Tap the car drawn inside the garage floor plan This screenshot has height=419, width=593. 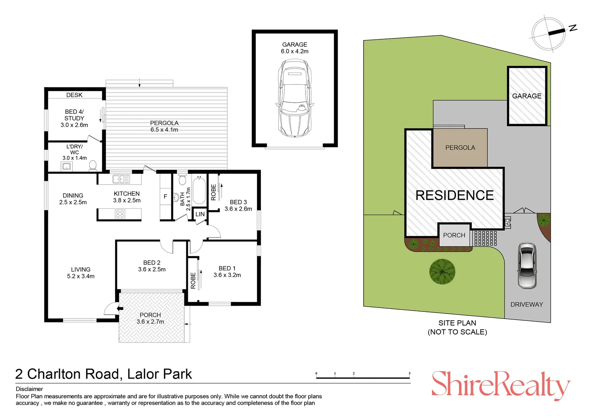[295, 98]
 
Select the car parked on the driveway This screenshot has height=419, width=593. [527, 265]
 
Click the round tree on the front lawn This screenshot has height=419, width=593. [442, 272]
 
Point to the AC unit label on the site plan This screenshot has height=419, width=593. [508, 222]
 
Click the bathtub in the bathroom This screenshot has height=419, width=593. [199, 191]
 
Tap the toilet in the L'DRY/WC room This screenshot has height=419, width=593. [93, 165]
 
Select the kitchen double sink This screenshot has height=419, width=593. [121, 179]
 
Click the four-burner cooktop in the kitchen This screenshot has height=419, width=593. [120, 214]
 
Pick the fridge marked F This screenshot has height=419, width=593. [165, 196]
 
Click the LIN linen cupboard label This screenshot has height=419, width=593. [200, 214]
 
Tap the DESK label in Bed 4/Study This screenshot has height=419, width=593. [75, 95]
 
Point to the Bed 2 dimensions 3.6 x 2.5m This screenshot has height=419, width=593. [152, 270]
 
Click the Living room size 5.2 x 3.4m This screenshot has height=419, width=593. [81, 276]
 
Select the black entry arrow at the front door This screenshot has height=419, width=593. [120, 308]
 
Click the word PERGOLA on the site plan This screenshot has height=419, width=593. [460, 148]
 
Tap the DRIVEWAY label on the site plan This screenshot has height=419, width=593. [527, 305]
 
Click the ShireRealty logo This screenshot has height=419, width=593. [501, 385]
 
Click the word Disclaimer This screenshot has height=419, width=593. [29, 389]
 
